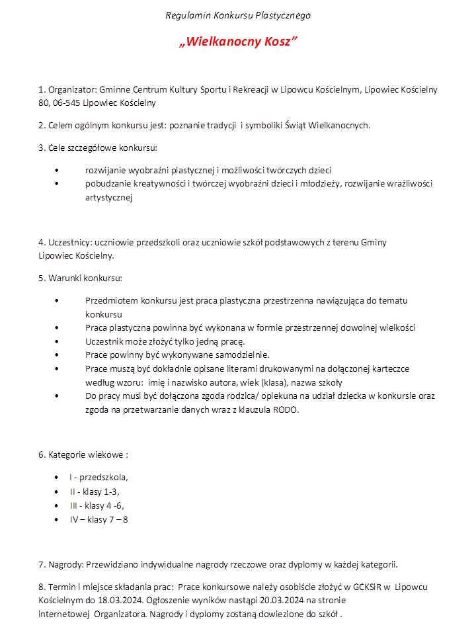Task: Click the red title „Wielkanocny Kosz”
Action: click(x=238, y=42)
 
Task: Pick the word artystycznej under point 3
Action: click(x=109, y=197)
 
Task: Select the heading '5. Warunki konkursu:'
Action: click(x=80, y=278)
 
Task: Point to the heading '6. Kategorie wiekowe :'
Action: click(x=83, y=455)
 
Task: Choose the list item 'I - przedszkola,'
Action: click(x=99, y=477)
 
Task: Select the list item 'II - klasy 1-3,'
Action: click(x=95, y=491)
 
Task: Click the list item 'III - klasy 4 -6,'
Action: click(x=97, y=505)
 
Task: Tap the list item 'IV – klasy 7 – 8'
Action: click(x=99, y=519)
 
